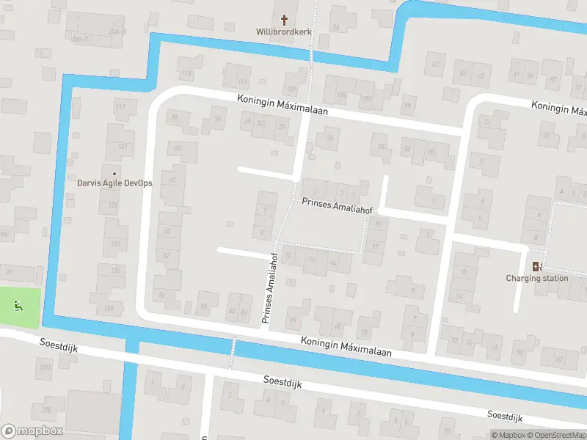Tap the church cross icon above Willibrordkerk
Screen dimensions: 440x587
click(x=284, y=19)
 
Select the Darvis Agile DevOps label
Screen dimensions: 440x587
click(x=114, y=183)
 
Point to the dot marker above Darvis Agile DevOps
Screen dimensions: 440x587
click(x=114, y=173)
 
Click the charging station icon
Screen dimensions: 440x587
click(x=537, y=267)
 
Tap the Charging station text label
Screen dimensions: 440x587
click(x=537, y=278)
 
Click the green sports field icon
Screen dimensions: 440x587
click(x=19, y=305)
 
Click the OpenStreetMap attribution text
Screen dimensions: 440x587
click(x=556, y=436)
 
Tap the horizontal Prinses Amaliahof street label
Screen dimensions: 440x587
click(x=332, y=205)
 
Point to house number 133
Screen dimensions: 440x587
click(x=115, y=243)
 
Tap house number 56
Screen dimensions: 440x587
click(x=162, y=295)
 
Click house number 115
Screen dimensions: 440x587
click(x=187, y=74)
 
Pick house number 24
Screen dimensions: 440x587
click(x=382, y=147)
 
